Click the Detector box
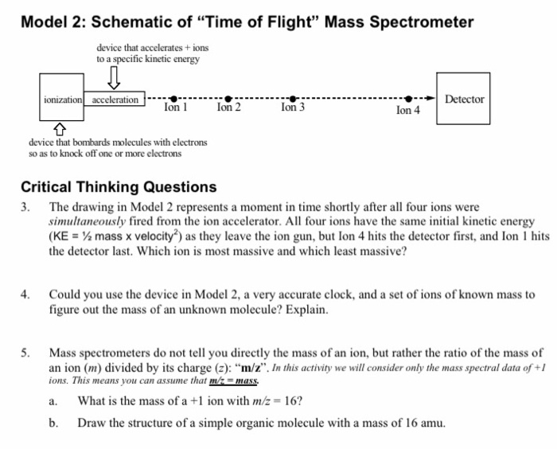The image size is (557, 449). coord(464,100)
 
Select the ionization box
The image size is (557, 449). coord(63,100)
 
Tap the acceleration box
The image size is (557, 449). coord(115,100)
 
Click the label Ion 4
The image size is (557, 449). coord(407,111)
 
